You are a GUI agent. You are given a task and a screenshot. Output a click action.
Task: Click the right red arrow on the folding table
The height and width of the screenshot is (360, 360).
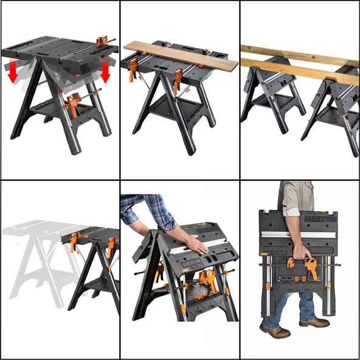pos(105,71)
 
